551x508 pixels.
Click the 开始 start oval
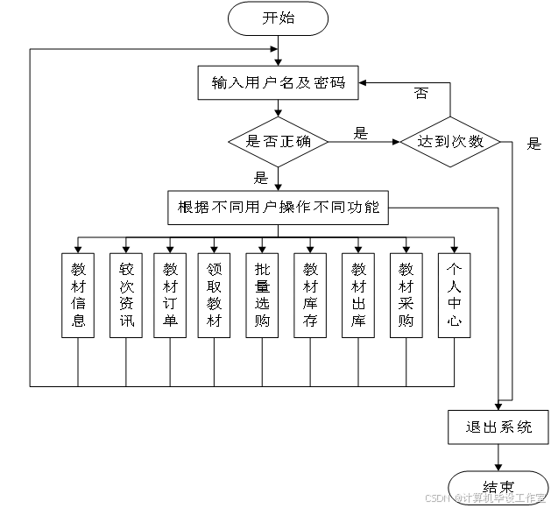pyautogui.click(x=278, y=18)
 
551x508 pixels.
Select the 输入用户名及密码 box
pyautogui.click(x=279, y=84)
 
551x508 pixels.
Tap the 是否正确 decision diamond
pyautogui.click(x=279, y=141)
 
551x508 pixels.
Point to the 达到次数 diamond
pyautogui.click(x=450, y=141)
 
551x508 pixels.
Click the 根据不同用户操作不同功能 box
pyautogui.click(x=278, y=208)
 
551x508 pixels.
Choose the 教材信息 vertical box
pyautogui.click(x=79, y=295)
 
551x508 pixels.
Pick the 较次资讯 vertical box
pyautogui.click(x=126, y=295)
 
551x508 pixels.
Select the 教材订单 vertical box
pyautogui.click(x=170, y=295)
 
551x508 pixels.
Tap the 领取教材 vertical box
pyautogui.click(x=215, y=295)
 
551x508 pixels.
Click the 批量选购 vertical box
pyautogui.click(x=262, y=295)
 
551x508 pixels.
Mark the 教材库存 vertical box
pyautogui.click(x=310, y=295)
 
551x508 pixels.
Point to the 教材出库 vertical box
pyautogui.click(x=358, y=295)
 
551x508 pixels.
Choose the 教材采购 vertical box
pyautogui.click(x=406, y=295)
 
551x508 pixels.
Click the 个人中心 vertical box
pyautogui.click(x=454, y=295)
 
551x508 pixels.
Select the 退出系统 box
pyautogui.click(x=498, y=427)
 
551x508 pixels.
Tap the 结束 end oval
pyautogui.click(x=498, y=487)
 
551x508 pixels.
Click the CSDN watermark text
pyautogui.click(x=436, y=497)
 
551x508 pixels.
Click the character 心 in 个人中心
pyautogui.click(x=454, y=321)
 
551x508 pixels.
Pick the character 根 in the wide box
pyautogui.click(x=185, y=208)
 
